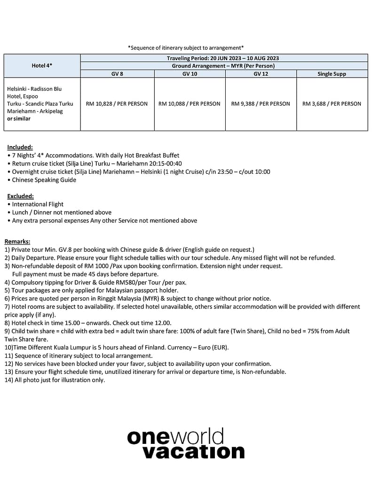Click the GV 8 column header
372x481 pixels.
(x=117, y=74)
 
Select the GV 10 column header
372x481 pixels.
(x=190, y=74)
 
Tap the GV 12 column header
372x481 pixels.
(x=261, y=74)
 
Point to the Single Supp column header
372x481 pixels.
(x=332, y=74)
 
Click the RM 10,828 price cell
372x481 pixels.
(x=117, y=104)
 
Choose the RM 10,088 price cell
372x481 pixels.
(x=190, y=104)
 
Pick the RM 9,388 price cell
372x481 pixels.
(x=261, y=104)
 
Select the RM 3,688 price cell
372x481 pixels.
(x=332, y=104)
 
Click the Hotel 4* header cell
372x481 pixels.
(x=42, y=66)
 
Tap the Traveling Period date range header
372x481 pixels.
(x=223, y=58)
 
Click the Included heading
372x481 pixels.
(x=20, y=147)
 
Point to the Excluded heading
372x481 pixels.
(x=20, y=196)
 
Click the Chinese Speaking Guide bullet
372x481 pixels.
(x=44, y=180)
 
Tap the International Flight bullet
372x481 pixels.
(x=38, y=204)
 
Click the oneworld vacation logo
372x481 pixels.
(x=186, y=443)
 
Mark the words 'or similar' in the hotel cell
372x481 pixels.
(x=19, y=119)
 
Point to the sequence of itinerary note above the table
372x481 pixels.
(x=186, y=47)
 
